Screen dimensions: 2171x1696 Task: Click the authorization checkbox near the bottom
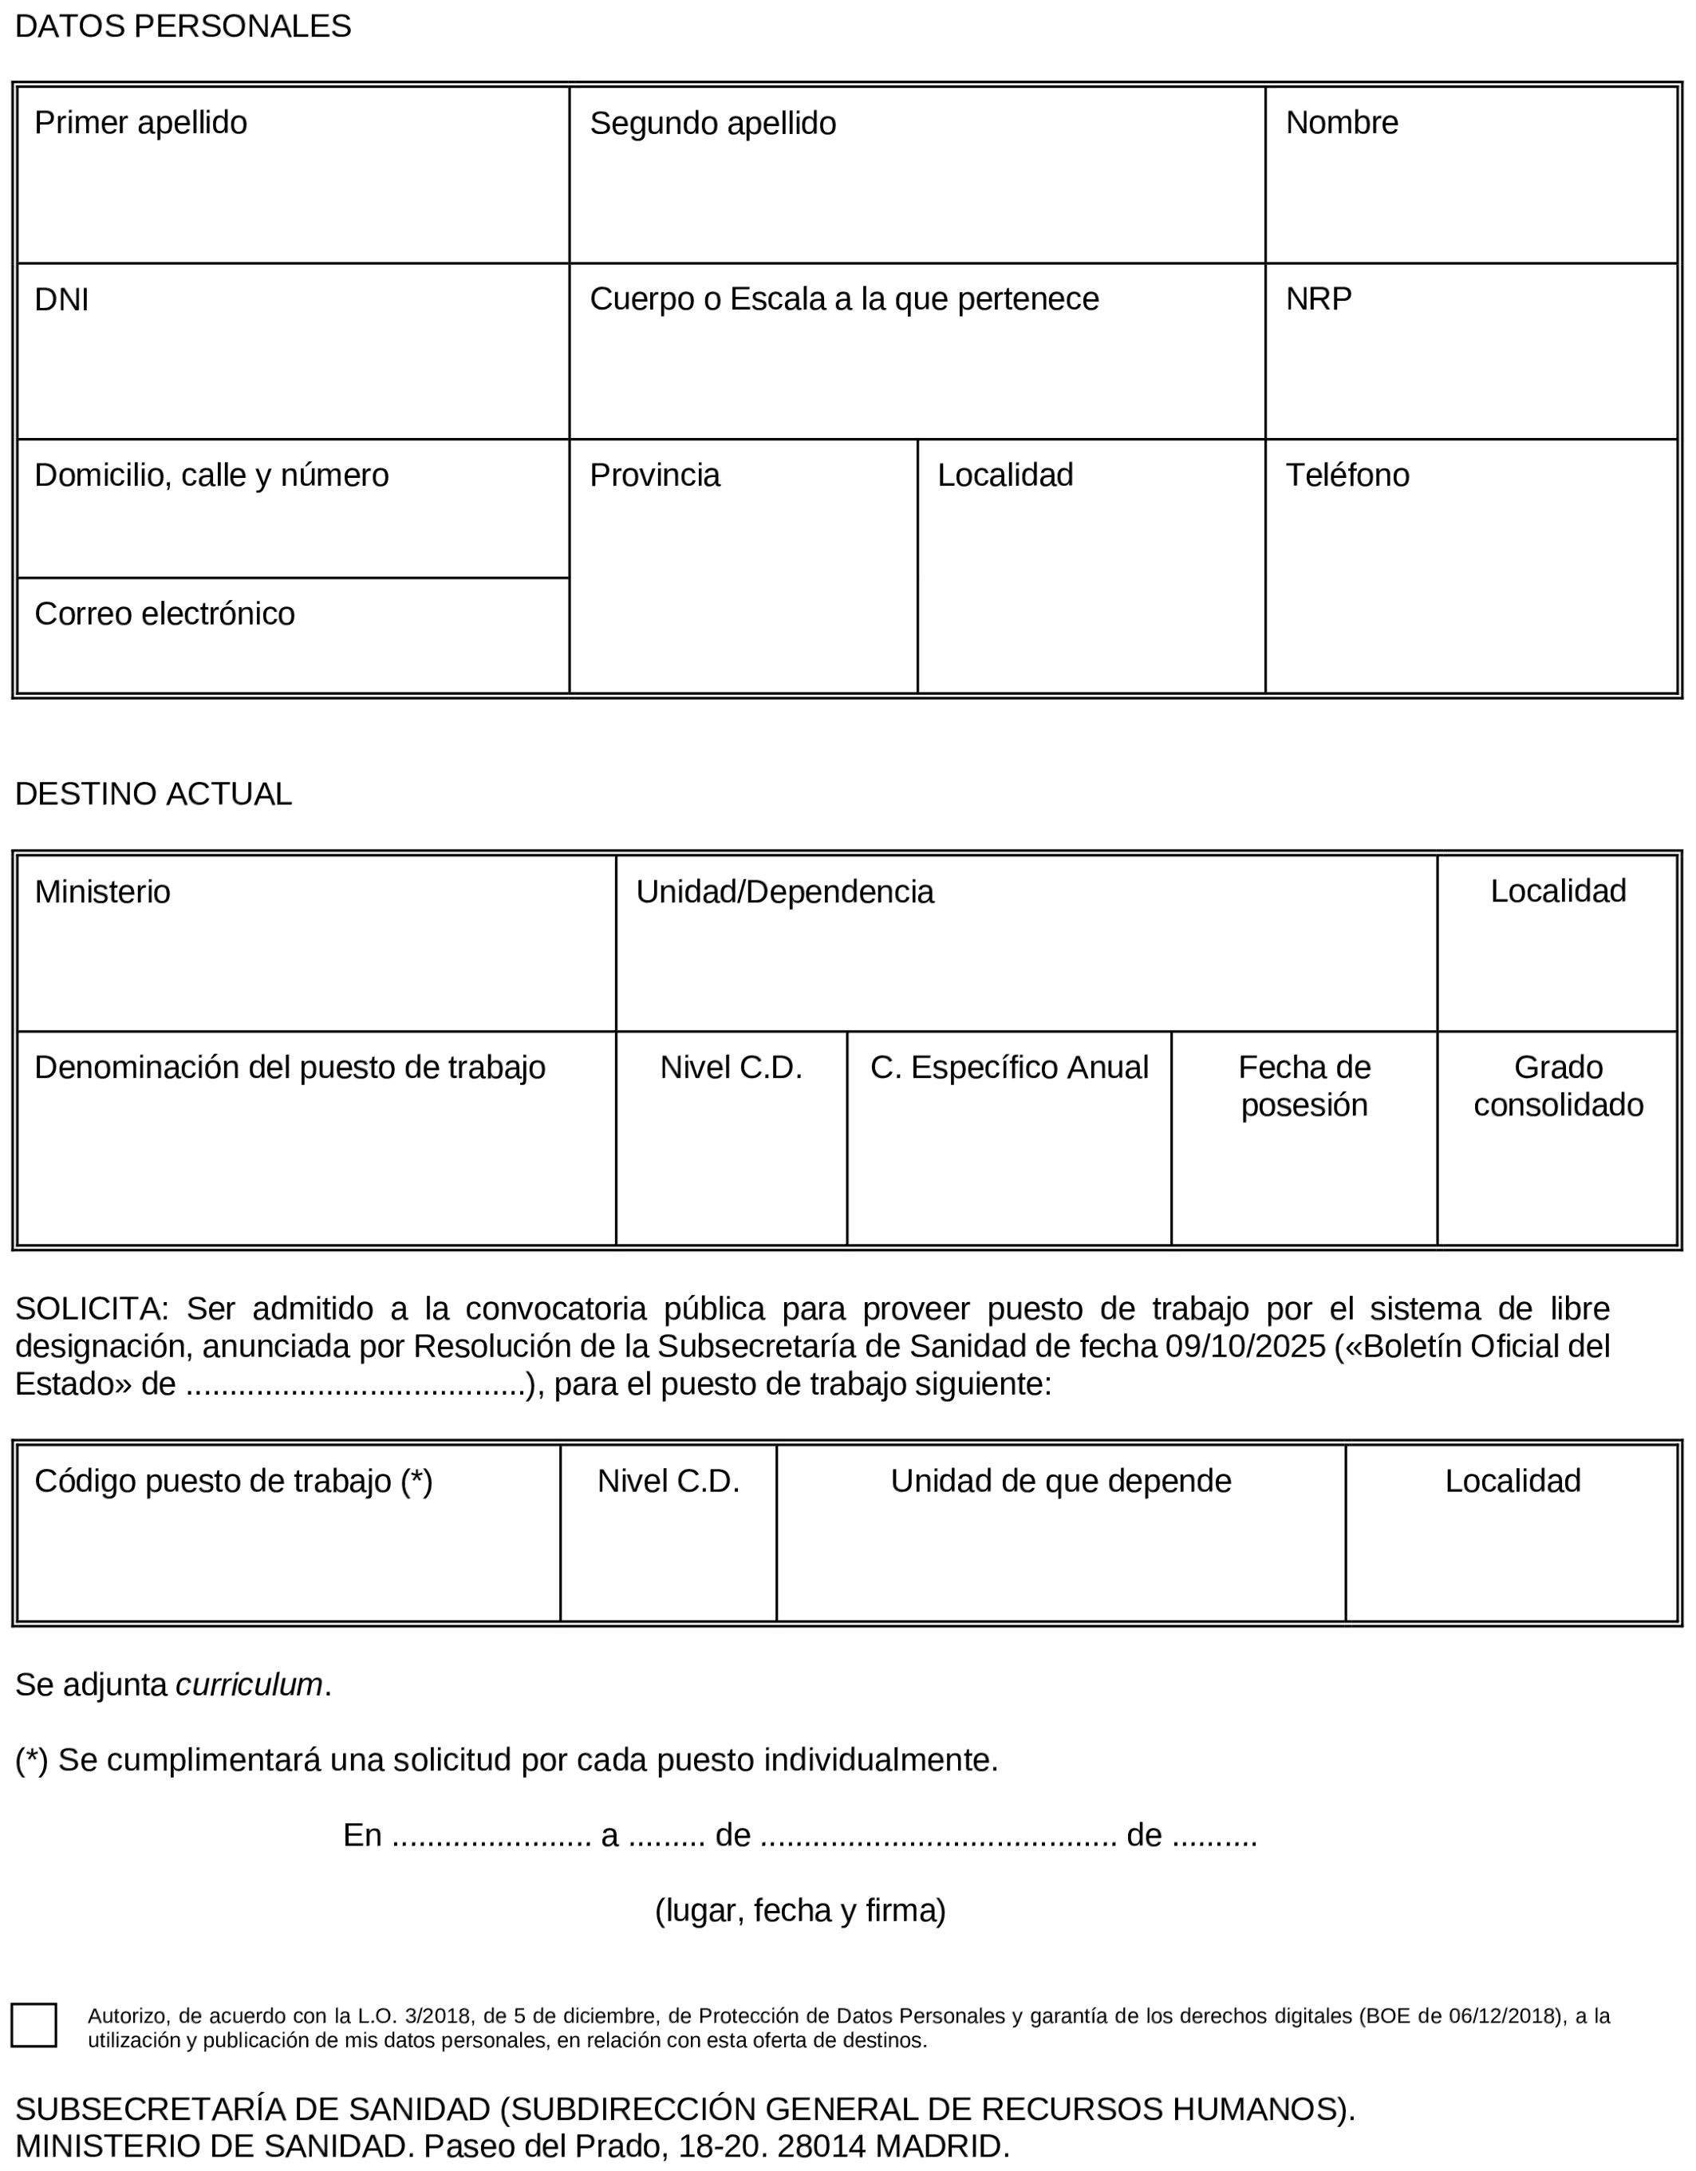34,2025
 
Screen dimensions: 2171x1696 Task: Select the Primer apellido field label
140,123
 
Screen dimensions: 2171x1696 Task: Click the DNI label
61,299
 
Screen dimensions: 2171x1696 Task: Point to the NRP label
1317,299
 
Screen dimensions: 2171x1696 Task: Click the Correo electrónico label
164,614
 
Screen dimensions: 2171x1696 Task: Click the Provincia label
654,476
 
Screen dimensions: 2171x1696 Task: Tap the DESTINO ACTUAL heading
153,794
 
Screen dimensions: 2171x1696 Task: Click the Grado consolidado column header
1557,1085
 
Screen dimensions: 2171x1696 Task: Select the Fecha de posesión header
1304,1085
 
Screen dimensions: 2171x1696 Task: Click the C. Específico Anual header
1008,1068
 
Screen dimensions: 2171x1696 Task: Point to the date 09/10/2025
1244,1346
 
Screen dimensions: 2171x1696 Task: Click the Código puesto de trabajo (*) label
233,1481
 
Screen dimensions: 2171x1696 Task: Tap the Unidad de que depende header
1059,1481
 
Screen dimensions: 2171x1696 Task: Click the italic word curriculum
249,1685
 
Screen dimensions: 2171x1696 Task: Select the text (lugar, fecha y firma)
799,1911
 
